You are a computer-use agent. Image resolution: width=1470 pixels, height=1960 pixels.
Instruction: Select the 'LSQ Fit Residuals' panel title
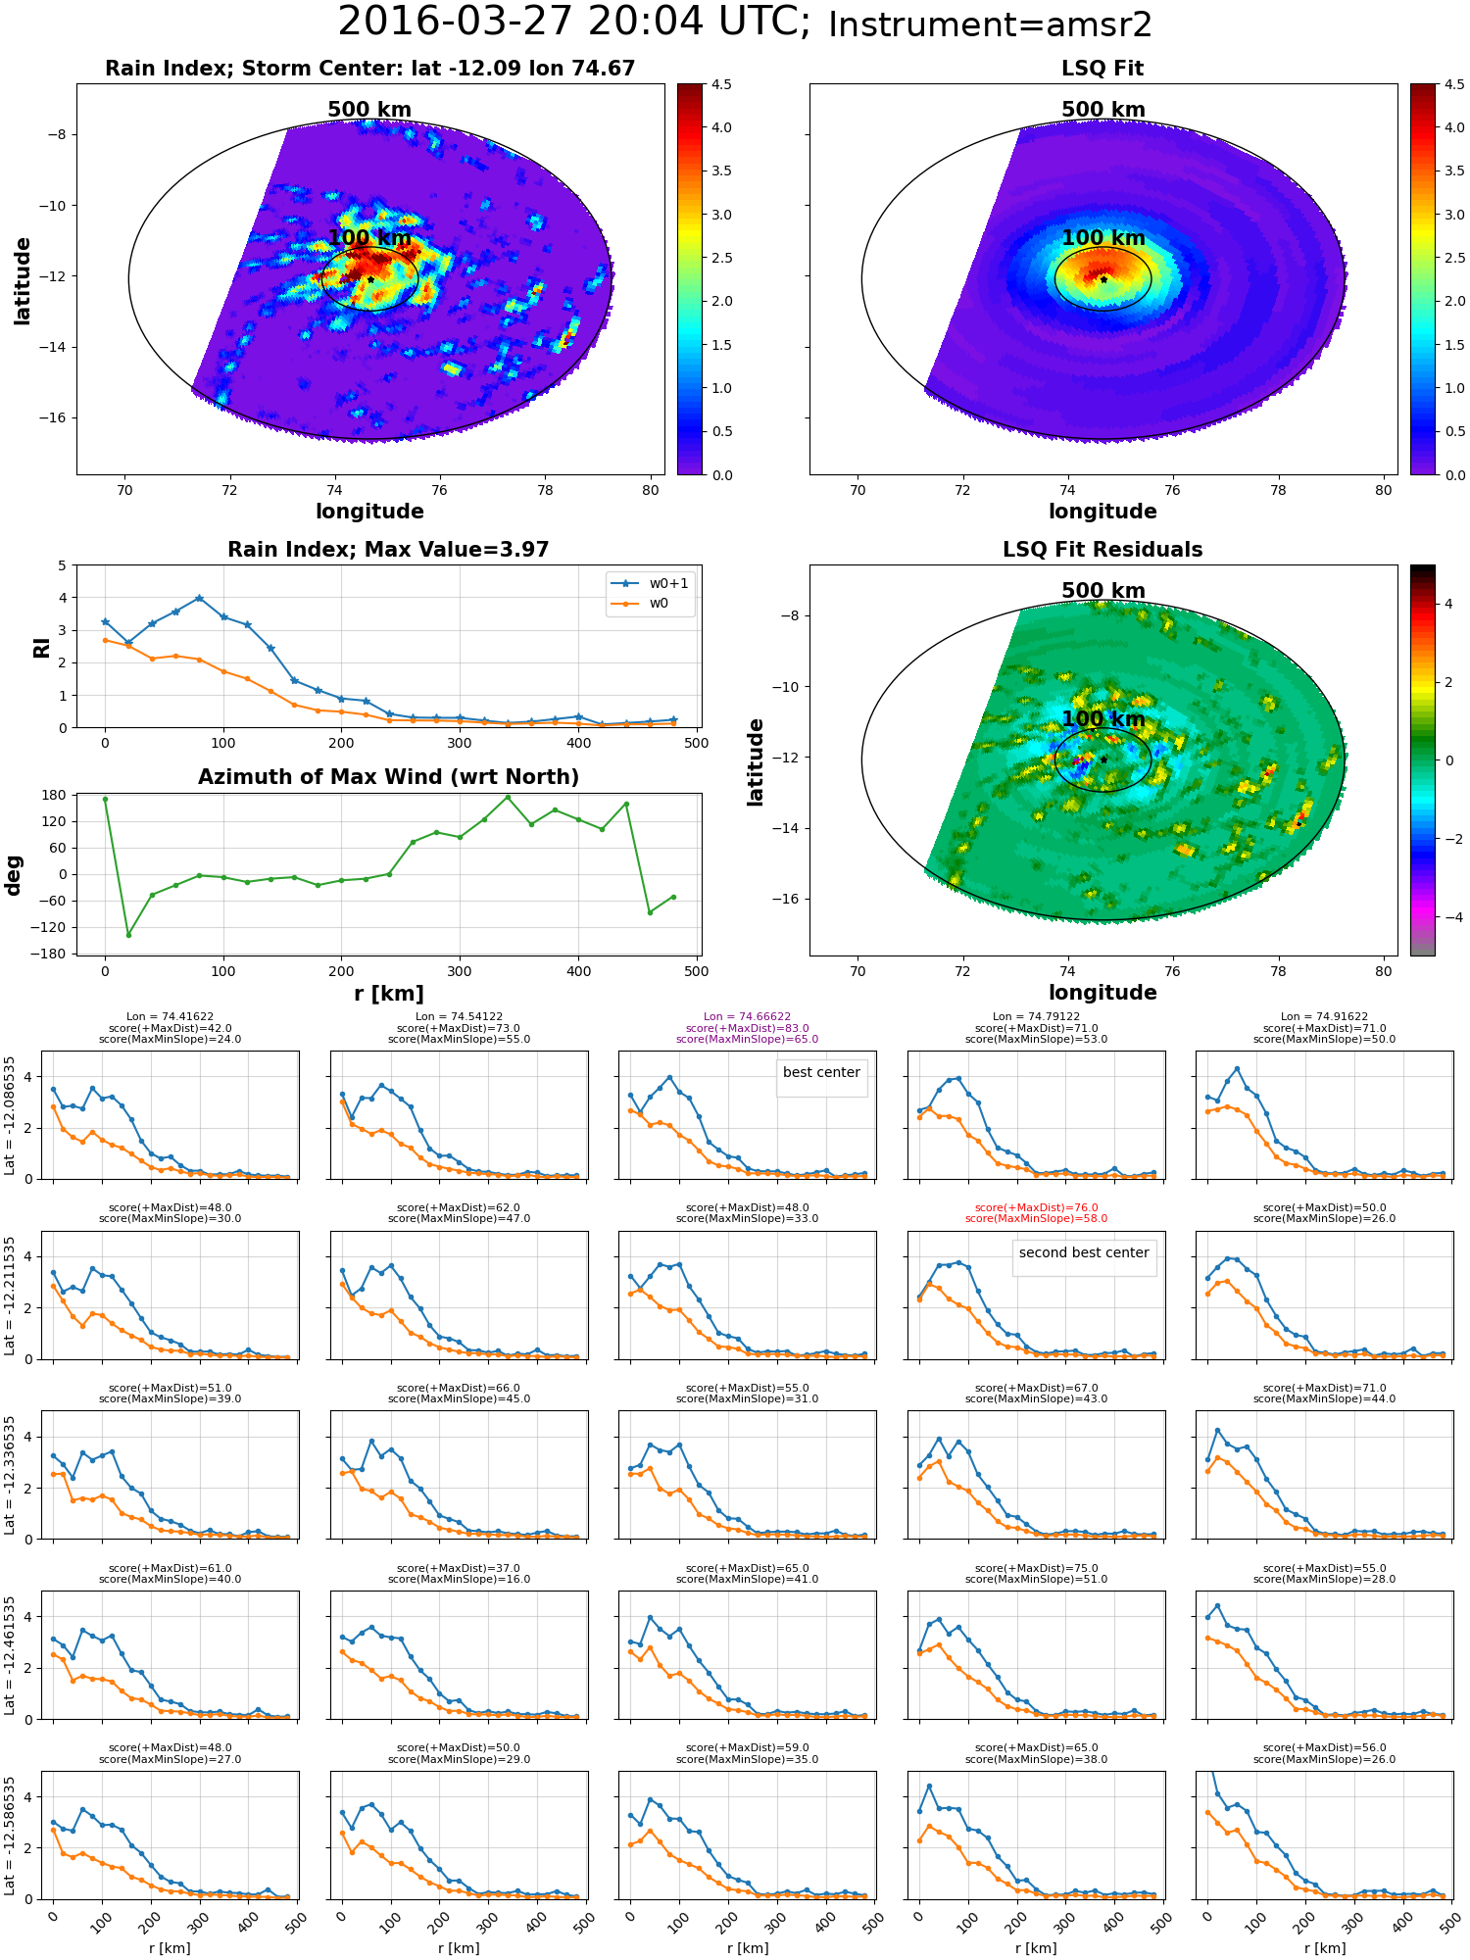[x=1102, y=550]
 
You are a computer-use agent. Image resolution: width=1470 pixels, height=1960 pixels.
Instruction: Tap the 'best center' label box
[x=821, y=1072]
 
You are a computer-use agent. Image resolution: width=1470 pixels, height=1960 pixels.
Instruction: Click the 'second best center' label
[x=1084, y=1252]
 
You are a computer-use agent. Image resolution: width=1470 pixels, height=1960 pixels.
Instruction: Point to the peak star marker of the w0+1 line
[x=199, y=598]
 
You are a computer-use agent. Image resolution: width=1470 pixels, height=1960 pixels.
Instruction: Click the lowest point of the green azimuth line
[x=128, y=934]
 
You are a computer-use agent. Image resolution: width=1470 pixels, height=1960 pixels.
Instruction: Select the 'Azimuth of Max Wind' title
[x=388, y=777]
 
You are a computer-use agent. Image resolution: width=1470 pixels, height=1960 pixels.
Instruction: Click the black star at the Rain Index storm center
[x=370, y=279]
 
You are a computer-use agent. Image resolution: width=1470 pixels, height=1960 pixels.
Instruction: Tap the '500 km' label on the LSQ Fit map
[x=1102, y=110]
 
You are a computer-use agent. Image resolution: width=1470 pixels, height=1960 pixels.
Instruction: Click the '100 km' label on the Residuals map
[x=1102, y=718]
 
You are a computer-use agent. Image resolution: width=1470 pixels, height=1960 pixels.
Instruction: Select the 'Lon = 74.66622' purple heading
[x=747, y=1017]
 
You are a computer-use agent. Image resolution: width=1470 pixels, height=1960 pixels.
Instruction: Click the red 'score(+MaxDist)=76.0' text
[x=1036, y=1208]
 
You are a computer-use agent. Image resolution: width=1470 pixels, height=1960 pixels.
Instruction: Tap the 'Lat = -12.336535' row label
[x=10, y=1475]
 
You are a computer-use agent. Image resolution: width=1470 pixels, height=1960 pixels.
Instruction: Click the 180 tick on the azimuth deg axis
[x=55, y=795]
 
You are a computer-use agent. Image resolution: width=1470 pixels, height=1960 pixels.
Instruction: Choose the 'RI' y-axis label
[x=41, y=647]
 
